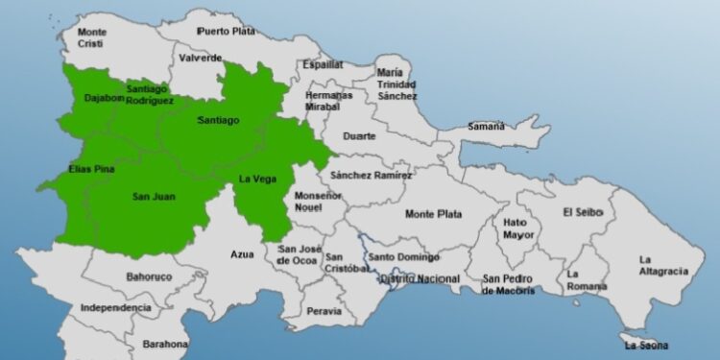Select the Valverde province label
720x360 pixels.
tap(200, 58)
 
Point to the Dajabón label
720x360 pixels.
tap(104, 97)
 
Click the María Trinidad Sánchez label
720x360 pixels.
tap(397, 84)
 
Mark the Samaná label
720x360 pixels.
tap(486, 126)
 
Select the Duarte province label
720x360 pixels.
tap(360, 136)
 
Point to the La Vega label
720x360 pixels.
tap(257, 179)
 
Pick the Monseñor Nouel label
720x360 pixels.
tap(318, 201)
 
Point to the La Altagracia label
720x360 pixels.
tap(663, 265)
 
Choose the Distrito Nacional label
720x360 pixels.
tap(420, 279)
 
